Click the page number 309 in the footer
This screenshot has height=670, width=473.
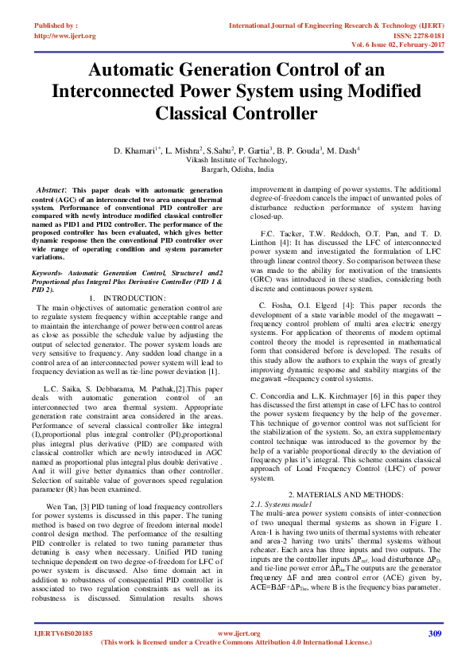click(x=434, y=633)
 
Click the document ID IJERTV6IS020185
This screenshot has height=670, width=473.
click(x=64, y=633)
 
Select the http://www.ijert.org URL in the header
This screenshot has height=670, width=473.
click(x=65, y=36)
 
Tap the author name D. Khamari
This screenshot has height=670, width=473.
click(x=136, y=150)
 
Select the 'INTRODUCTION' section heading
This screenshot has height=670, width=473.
click(x=138, y=275)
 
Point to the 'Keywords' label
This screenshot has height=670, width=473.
click(x=48, y=250)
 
